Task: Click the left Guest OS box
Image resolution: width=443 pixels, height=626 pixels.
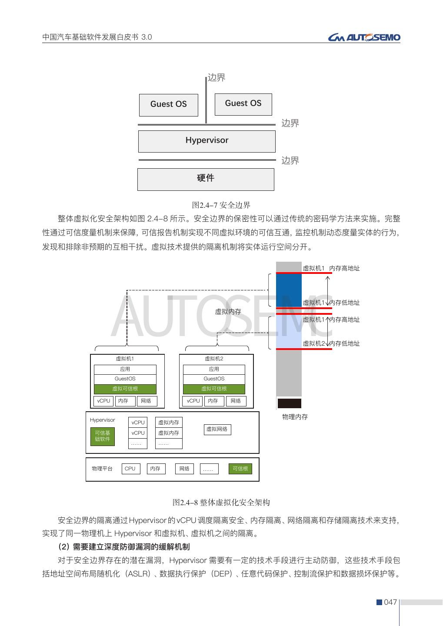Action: click(168, 105)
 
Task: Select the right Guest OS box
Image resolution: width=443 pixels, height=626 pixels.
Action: click(243, 104)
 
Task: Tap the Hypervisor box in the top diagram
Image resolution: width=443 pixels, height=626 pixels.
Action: click(207, 141)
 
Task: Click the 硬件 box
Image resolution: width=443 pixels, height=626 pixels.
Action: click(206, 179)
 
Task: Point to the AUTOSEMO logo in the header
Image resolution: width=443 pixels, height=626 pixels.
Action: click(364, 38)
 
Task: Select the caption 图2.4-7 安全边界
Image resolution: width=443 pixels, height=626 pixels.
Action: click(221, 205)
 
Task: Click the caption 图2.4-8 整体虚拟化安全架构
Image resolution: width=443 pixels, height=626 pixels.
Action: click(221, 503)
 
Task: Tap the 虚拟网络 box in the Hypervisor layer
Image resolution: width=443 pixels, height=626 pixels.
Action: click(217, 430)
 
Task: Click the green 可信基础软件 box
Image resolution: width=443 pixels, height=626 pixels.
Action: click(103, 436)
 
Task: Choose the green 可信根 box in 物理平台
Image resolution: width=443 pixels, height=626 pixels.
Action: click(240, 469)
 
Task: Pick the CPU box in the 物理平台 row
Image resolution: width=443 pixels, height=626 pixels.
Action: click(130, 469)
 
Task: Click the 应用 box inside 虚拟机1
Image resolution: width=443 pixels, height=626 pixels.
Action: click(125, 369)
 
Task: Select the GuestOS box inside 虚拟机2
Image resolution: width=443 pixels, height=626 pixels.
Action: click(214, 379)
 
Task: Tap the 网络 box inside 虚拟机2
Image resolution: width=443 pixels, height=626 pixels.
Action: click(236, 401)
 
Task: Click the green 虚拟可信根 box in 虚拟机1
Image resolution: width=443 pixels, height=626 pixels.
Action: click(125, 389)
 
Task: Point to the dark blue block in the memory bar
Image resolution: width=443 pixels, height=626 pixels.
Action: click(289, 290)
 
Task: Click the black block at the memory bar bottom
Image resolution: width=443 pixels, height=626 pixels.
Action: click(289, 403)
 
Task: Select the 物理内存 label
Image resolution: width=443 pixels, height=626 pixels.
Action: click(295, 417)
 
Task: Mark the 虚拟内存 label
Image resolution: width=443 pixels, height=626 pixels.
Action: click(228, 312)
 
